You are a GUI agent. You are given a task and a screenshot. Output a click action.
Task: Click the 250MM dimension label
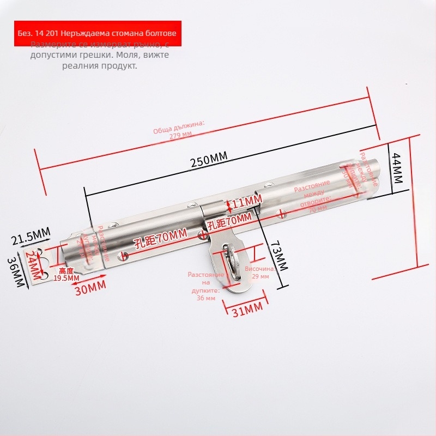(x=209, y=160)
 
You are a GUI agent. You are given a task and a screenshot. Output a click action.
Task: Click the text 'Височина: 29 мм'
(x=257, y=273)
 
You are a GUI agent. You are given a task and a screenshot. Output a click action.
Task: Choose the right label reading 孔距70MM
(x=229, y=220)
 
